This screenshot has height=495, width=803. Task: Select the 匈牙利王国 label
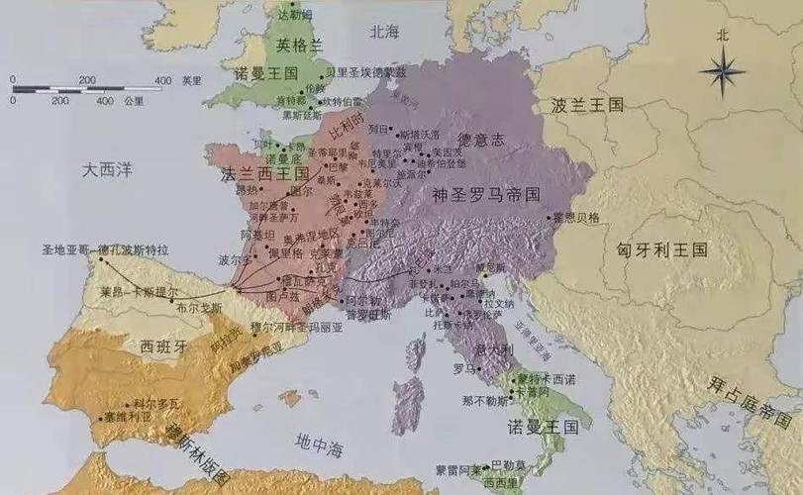(x=661, y=250)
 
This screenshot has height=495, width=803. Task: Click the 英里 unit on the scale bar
(x=190, y=79)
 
